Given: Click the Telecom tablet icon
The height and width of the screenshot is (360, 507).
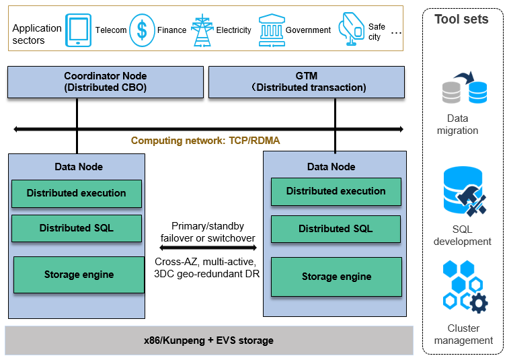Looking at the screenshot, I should pos(79,30).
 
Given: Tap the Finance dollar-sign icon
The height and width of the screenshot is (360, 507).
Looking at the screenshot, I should pos(142,30).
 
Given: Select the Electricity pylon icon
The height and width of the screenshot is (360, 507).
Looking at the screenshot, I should pos(202,30).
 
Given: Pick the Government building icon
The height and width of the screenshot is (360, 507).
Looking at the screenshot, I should pos(271,30).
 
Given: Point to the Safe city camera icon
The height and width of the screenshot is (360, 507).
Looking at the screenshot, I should pos(352,30).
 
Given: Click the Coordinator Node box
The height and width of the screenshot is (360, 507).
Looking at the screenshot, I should pos(105,81).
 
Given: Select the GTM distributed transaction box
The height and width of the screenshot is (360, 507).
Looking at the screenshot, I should pos(307,81).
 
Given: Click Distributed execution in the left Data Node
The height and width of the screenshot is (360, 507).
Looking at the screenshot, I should pos(77,193).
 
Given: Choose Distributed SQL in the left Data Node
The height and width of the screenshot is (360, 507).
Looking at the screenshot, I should pos(77,228).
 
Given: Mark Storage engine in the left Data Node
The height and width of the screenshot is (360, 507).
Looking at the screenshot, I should pos(79,275).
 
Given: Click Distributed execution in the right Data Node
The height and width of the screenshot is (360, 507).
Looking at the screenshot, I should pos(336,191).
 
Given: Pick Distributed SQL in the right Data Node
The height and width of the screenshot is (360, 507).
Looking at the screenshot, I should pos(336,229).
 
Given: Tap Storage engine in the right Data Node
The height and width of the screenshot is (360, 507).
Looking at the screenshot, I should pos(336,277).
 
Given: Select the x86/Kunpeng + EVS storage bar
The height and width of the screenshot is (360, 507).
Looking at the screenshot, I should pos(208,340).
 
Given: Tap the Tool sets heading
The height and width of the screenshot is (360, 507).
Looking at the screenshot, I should pos(462,19).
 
